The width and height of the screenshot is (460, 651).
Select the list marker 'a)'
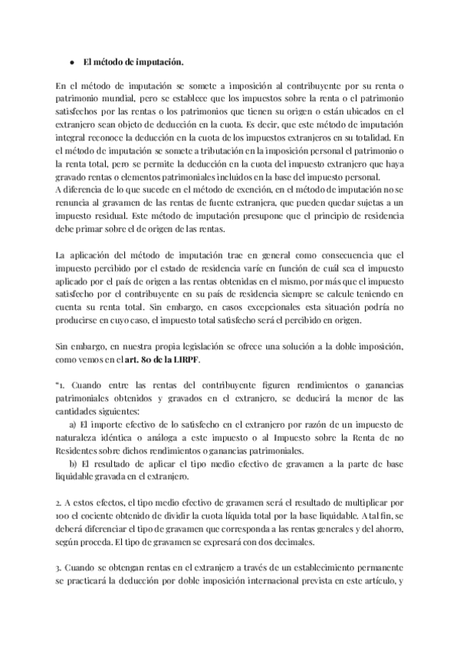point(73,424)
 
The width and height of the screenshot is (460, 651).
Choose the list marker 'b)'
point(73,464)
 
